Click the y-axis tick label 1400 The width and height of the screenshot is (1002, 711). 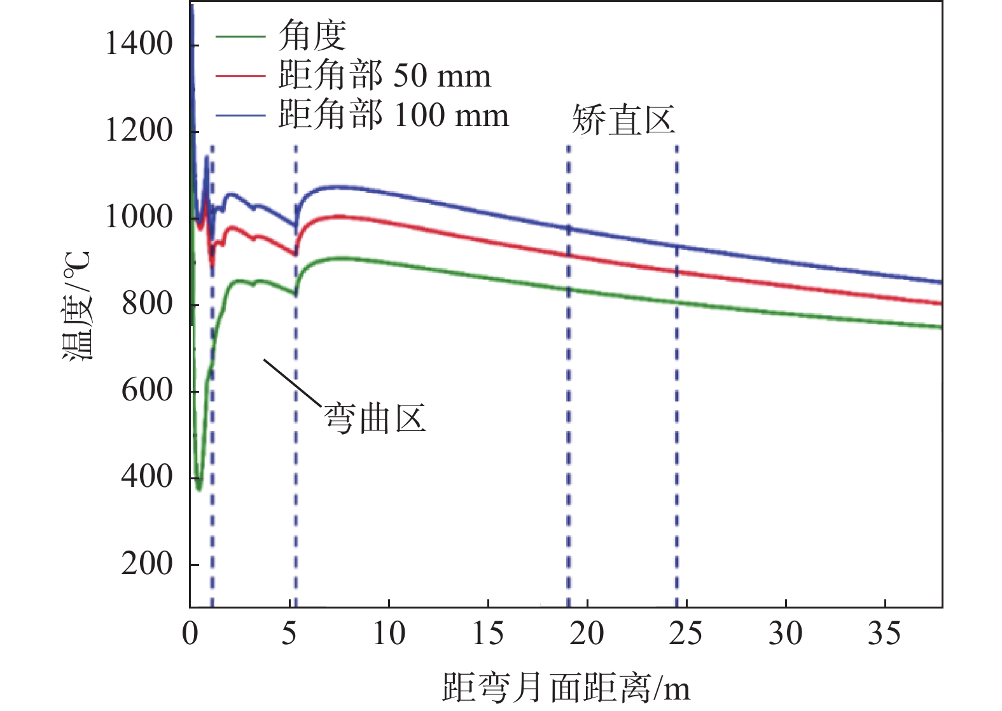[x=139, y=45]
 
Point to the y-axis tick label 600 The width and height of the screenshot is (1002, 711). [x=147, y=390]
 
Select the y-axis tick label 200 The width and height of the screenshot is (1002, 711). [x=147, y=564]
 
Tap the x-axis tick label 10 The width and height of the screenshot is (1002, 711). [x=388, y=634]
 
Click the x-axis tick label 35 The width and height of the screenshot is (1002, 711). [x=884, y=634]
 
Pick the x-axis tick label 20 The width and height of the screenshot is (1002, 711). [x=587, y=634]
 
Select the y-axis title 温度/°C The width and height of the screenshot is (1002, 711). [x=78, y=306]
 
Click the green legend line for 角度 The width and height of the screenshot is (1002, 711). [x=240, y=36]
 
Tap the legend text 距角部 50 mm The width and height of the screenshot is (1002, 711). [x=384, y=76]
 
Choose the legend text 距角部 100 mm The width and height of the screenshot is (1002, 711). [x=393, y=115]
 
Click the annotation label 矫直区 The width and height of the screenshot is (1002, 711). [x=623, y=119]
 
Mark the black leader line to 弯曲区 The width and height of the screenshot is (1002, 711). [x=293, y=382]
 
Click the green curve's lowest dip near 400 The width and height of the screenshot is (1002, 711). [x=198, y=488]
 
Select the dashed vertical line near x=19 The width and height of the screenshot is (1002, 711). [x=568, y=382]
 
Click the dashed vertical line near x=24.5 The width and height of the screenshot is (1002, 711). [x=676, y=382]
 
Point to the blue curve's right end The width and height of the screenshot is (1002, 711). [x=940, y=282]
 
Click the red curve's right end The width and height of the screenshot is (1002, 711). [x=940, y=303]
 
